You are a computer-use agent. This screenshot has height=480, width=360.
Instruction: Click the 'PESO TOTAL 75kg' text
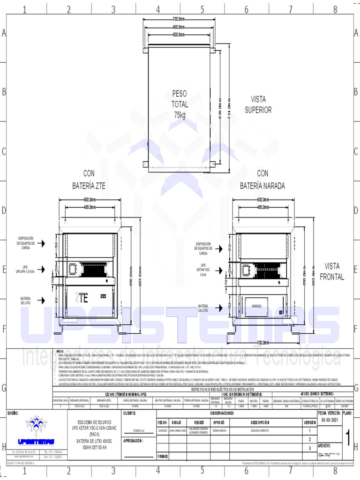(179, 104)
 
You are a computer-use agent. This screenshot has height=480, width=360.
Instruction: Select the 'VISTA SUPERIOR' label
(258, 104)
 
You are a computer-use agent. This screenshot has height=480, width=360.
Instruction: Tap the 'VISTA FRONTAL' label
(331, 271)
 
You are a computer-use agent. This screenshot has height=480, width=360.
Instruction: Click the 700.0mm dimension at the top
(178, 19)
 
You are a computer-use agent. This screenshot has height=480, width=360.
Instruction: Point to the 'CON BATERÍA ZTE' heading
(89, 179)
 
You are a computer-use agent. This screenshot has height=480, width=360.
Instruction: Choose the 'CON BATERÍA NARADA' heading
(262, 179)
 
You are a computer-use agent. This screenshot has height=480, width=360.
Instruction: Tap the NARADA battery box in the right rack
(256, 306)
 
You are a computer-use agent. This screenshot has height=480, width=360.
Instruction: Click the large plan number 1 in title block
(348, 438)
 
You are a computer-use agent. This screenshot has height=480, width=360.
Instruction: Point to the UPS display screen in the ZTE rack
(73, 269)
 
